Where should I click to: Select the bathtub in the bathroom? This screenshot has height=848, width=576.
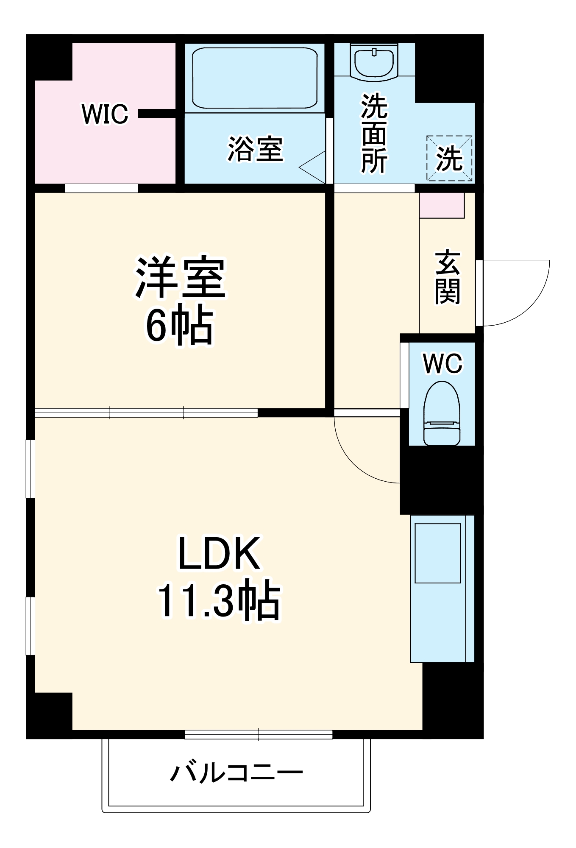click(254, 78)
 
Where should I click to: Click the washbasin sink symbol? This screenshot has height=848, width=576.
click(374, 63)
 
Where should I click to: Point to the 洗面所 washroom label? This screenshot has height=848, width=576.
click(374, 134)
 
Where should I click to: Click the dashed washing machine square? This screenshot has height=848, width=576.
click(449, 158)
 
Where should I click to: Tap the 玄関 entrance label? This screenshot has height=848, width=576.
click(447, 277)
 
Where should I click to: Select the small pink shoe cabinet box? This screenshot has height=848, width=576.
click(442, 206)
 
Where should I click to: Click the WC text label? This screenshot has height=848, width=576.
click(442, 363)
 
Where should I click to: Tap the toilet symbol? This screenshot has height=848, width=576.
click(442, 413)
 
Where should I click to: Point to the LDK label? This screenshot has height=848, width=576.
click(219, 554)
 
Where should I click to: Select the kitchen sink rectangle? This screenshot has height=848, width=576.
click(437, 553)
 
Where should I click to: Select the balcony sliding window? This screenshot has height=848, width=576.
click(259, 734)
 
